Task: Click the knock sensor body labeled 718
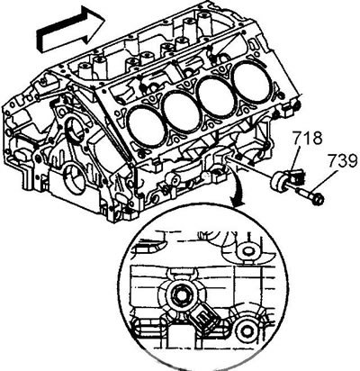[x=288, y=181]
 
